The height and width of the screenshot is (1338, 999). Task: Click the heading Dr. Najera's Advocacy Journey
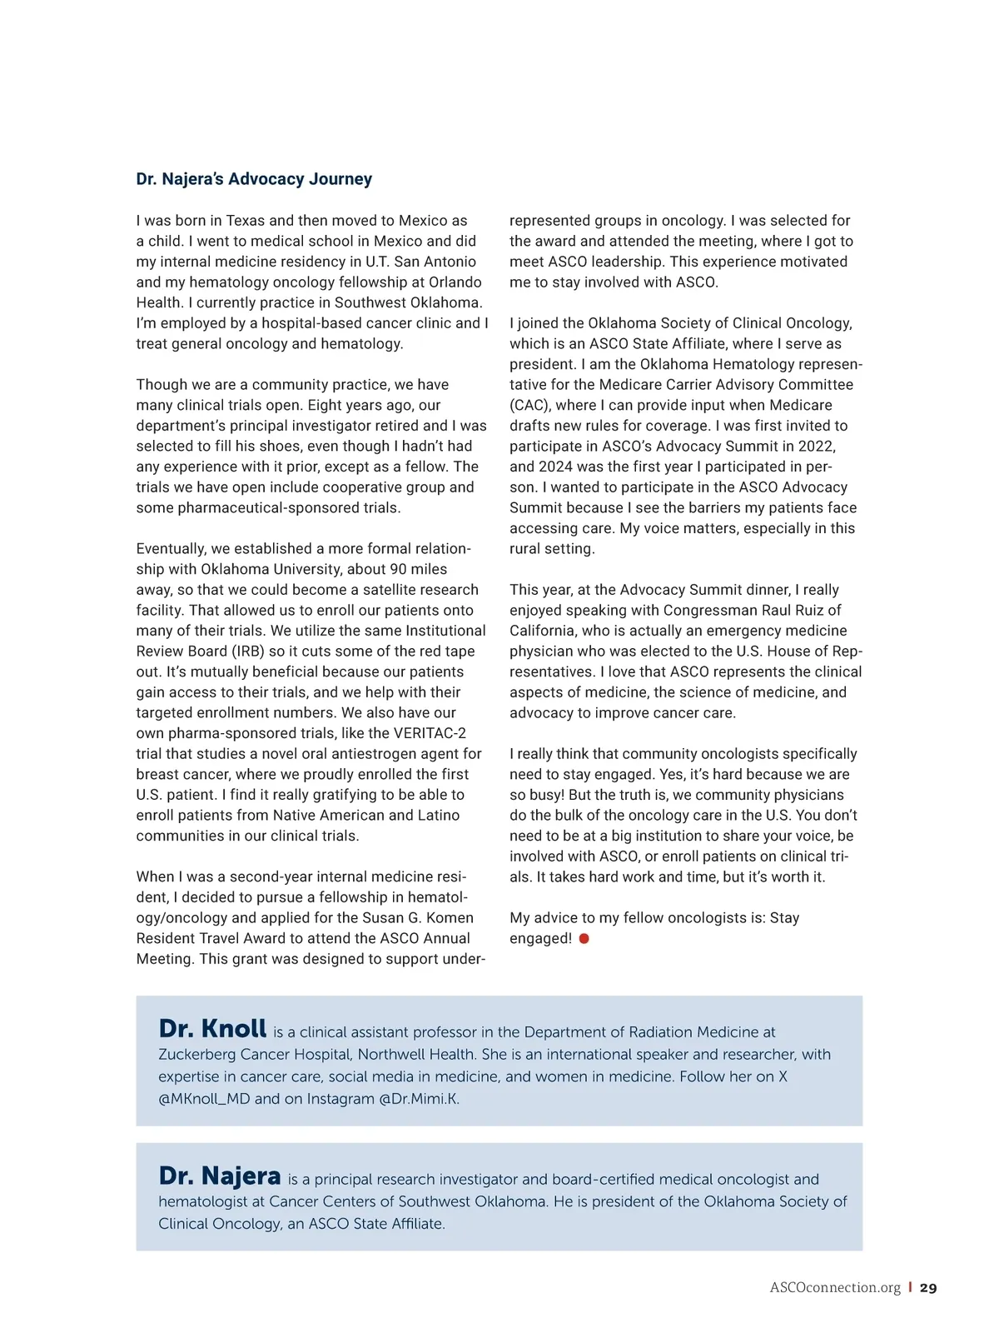(254, 179)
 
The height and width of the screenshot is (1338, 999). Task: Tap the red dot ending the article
(584, 939)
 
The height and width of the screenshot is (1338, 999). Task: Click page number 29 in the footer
(928, 1288)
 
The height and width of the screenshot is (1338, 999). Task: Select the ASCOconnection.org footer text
(835, 1288)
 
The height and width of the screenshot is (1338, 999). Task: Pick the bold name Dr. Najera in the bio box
(220, 1176)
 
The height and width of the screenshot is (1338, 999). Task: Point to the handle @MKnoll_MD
(204, 1099)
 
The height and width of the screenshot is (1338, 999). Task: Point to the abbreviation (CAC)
(530, 405)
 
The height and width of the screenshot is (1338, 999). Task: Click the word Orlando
(455, 282)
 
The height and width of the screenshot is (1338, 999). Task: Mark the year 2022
(816, 447)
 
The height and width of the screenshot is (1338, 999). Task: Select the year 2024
(555, 467)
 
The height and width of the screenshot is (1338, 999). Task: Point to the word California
(542, 631)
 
